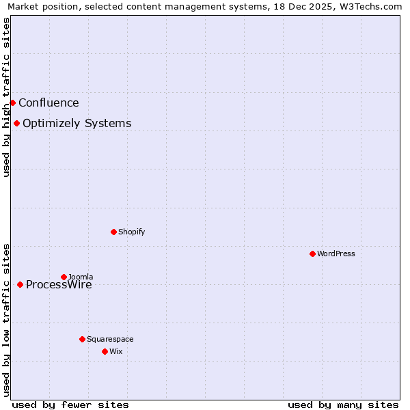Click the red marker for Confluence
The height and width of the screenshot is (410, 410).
[12, 102]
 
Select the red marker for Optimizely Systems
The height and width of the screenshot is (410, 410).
[16, 123]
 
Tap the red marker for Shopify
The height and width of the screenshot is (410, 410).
[113, 232]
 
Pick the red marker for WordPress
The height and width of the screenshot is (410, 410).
[312, 254]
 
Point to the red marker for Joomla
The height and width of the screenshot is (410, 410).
[64, 277]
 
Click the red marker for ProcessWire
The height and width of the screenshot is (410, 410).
[20, 284]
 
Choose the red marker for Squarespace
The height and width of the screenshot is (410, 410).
[82, 339]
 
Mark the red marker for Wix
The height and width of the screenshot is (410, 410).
[105, 351]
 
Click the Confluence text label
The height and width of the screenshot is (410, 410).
[49, 103]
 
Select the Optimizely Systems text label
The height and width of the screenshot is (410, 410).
[77, 124]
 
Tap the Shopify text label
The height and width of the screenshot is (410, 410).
[131, 232]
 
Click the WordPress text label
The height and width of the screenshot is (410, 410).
[336, 254]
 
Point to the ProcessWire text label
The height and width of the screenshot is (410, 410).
[59, 286]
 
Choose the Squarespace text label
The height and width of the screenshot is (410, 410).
[110, 340]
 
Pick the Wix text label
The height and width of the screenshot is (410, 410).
[115, 352]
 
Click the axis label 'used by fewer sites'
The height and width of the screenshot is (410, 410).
[70, 405]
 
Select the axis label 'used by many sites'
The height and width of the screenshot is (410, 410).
[343, 405]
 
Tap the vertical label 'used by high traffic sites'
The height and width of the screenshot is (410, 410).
[6, 97]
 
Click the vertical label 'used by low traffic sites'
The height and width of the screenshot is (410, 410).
[6, 320]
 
